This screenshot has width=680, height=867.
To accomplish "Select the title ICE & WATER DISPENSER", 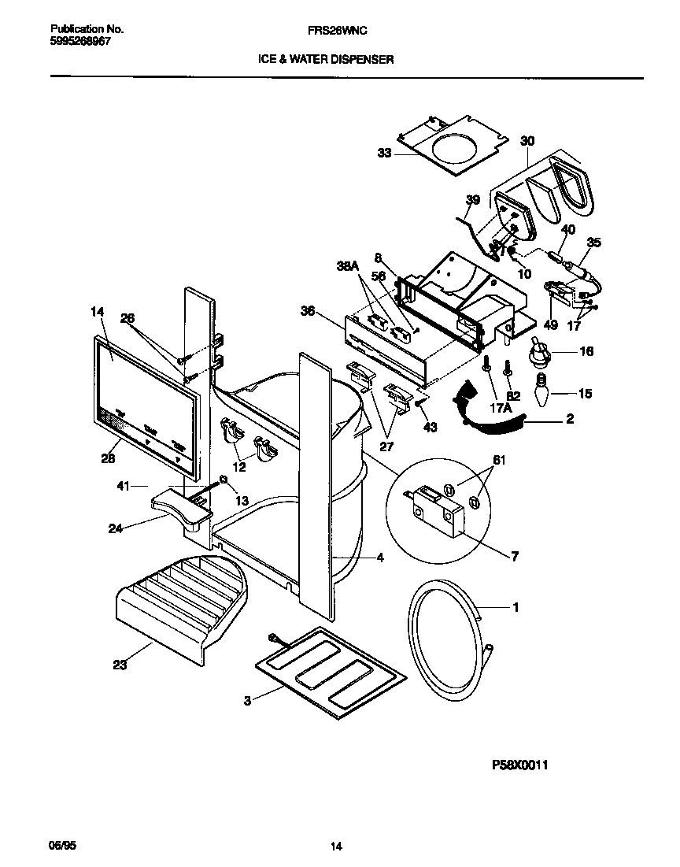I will [326, 59].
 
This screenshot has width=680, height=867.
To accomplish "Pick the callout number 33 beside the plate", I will [383, 154].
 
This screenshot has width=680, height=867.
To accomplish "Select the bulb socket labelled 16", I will [541, 353].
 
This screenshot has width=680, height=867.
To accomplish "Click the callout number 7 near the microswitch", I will [515, 557].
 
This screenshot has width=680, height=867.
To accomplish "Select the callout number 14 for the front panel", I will [97, 312].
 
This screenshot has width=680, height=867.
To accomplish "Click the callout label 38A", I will [346, 267].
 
